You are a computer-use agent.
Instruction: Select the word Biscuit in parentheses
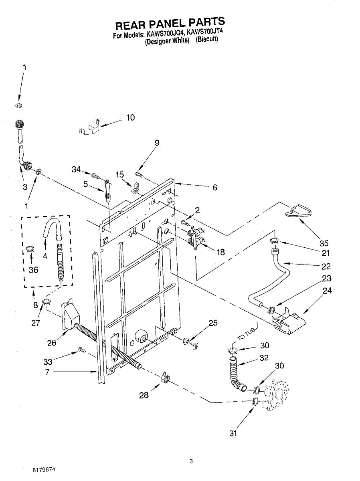click(x=207, y=40)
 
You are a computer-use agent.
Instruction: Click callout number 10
click(x=130, y=117)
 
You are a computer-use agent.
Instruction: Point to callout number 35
click(x=324, y=243)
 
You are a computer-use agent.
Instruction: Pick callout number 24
click(x=327, y=291)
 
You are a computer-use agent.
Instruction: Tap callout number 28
click(x=144, y=395)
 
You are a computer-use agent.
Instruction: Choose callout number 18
click(x=220, y=253)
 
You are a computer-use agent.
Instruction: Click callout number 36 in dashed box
click(x=34, y=270)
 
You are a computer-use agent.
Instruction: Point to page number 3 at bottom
click(x=191, y=461)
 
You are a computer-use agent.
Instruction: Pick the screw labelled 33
click(x=81, y=350)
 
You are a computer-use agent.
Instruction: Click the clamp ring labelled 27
click(x=47, y=301)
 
